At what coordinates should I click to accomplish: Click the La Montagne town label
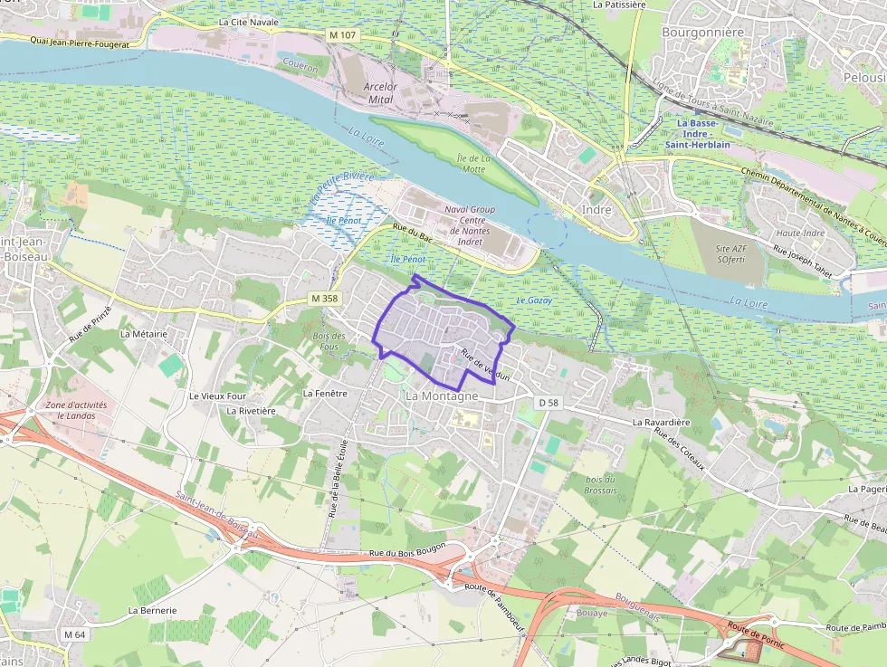click(x=442, y=396)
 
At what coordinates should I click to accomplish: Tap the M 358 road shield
click(x=323, y=299)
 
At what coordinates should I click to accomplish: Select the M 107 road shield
click(x=343, y=33)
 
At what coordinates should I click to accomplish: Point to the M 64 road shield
click(x=74, y=634)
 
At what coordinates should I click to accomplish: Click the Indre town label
click(x=596, y=210)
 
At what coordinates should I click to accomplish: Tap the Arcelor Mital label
click(x=380, y=93)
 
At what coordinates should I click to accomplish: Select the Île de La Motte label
click(x=472, y=163)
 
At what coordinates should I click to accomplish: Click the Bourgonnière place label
click(x=702, y=33)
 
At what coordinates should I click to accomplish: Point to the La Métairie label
click(x=144, y=333)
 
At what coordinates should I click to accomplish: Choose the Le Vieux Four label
click(x=217, y=396)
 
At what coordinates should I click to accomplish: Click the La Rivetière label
click(x=252, y=410)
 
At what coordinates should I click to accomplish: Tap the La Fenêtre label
click(x=325, y=394)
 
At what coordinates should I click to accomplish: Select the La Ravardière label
click(x=662, y=422)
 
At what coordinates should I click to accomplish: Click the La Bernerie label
click(x=152, y=610)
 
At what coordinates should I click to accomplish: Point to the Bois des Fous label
click(x=329, y=341)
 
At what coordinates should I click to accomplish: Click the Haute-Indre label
click(x=801, y=233)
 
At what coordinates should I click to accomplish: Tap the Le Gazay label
click(x=534, y=300)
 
